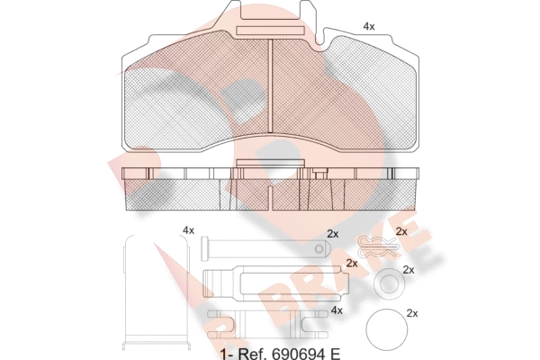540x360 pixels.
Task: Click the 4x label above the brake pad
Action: click(368, 27)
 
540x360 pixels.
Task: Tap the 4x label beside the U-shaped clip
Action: click(188, 231)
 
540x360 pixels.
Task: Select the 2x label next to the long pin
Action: click(332, 234)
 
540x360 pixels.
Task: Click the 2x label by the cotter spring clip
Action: click(401, 232)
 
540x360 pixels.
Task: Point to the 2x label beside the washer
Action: click(408, 269)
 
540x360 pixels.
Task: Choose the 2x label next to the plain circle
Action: click(413, 313)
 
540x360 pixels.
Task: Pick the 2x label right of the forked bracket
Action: click(351, 264)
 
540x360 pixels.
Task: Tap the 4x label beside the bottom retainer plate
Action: click(337, 310)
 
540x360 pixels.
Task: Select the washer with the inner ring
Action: click(387, 283)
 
